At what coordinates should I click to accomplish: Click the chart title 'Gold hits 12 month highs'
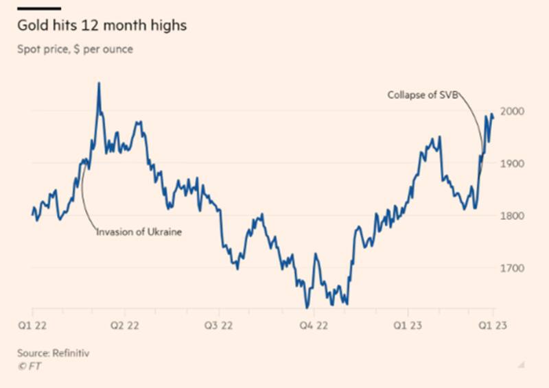(x=102, y=27)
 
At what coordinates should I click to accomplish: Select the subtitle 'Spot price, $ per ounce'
(x=75, y=49)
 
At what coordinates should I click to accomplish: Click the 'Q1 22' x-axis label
(x=33, y=326)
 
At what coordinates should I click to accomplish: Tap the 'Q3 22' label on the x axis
(x=218, y=326)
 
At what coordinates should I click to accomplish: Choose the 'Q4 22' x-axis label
(x=313, y=326)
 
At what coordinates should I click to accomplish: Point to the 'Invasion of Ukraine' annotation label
(x=139, y=232)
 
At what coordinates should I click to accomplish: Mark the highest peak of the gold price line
(x=99, y=84)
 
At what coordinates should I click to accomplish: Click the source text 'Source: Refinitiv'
(x=54, y=353)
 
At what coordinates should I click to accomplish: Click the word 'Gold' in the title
(x=32, y=27)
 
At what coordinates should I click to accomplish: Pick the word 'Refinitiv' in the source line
(x=71, y=353)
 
